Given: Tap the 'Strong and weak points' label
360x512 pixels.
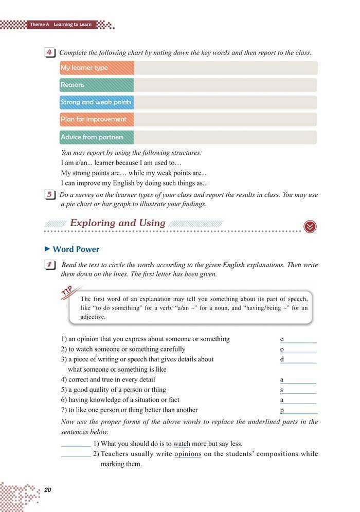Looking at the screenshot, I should (x=96, y=102).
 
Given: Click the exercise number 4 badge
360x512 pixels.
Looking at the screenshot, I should (x=50, y=53).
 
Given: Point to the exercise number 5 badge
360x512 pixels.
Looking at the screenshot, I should (x=50, y=195).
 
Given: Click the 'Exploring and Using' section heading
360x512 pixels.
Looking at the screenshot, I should (x=117, y=223).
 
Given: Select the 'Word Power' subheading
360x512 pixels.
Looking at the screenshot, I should (x=76, y=249).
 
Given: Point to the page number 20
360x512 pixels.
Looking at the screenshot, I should (x=49, y=489).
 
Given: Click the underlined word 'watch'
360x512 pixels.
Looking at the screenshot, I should (x=182, y=444).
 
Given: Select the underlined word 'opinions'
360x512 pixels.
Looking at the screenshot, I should (x=188, y=454).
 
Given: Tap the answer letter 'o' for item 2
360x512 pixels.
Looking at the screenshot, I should (x=282, y=350).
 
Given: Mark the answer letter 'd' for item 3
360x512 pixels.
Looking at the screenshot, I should (x=282, y=359).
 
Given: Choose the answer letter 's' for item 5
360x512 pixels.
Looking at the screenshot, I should (x=282, y=390).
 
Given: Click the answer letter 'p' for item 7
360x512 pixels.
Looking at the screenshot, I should (x=282, y=410).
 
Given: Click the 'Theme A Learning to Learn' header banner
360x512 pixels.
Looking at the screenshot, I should (x=61, y=24).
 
